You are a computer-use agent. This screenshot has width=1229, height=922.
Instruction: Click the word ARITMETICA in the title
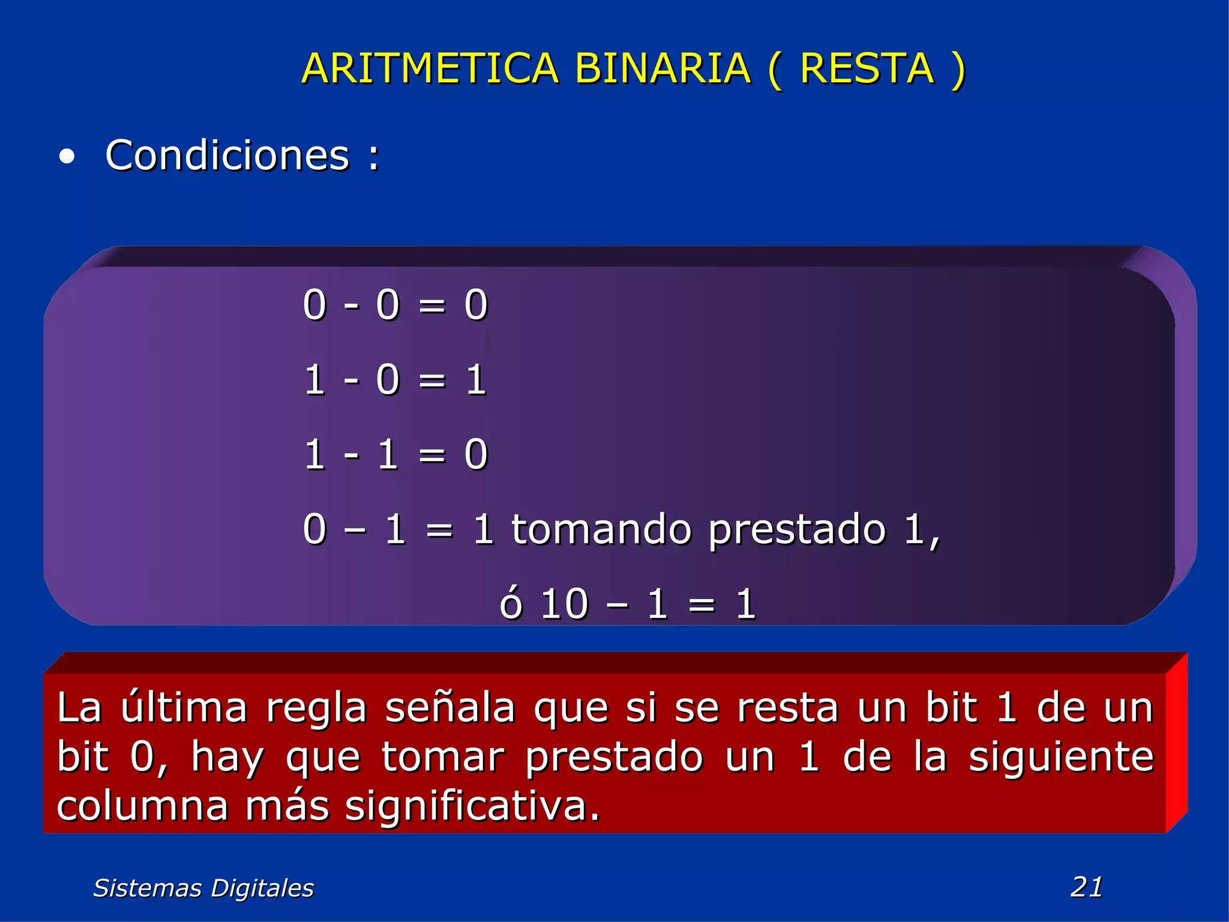point(430,68)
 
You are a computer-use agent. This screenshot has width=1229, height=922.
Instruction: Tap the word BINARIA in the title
point(663,68)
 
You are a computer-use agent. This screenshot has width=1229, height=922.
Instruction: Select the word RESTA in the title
point(867,68)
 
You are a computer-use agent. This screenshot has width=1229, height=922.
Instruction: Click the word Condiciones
point(227,155)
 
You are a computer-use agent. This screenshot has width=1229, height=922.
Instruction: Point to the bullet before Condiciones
point(67,157)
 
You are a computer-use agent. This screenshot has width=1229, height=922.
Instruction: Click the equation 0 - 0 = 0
point(395,305)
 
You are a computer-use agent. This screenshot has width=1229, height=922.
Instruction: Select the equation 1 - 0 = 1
point(395,380)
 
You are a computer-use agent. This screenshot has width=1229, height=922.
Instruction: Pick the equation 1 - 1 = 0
point(395,454)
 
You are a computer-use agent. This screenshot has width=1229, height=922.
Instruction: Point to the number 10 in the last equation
point(564,604)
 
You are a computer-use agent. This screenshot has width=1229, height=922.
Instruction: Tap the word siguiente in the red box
point(1061,758)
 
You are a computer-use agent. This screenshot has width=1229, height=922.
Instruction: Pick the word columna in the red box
point(143,806)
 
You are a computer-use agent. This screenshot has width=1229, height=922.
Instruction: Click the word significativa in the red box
point(472,807)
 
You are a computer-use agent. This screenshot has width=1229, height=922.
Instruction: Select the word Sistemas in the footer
point(148,888)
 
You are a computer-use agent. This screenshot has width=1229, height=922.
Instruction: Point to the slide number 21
point(1086,887)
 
